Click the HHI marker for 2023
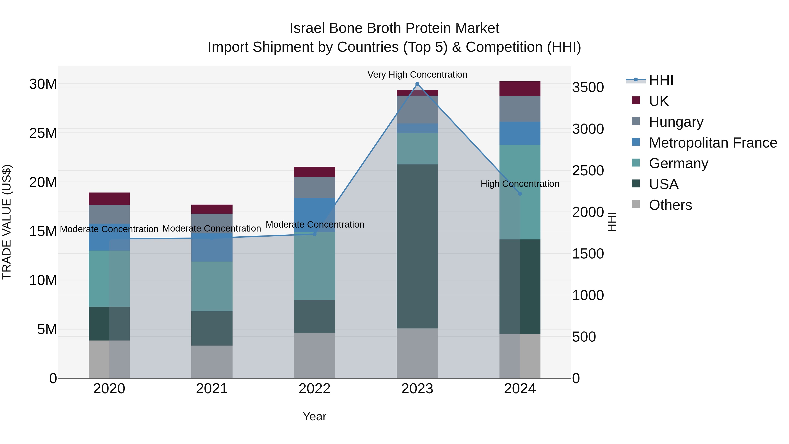(x=417, y=84)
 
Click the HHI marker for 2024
(x=520, y=194)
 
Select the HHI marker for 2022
(x=315, y=234)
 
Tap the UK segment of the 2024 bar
(x=520, y=89)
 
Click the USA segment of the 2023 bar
(x=417, y=246)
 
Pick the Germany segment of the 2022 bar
(x=315, y=266)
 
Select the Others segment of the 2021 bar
(x=212, y=362)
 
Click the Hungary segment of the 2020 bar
(x=109, y=214)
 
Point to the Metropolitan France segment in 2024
(x=520, y=133)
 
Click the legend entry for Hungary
(x=676, y=122)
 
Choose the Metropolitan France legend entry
(x=713, y=143)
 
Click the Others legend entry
(x=670, y=205)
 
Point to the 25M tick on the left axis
(x=43, y=133)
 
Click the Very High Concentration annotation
(x=417, y=75)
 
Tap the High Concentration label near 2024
(x=520, y=184)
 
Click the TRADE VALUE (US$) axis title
(x=7, y=222)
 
